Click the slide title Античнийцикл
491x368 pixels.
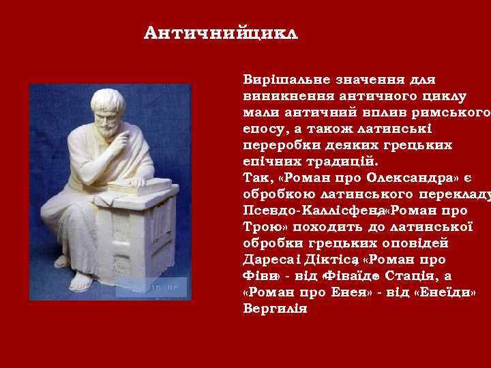(222, 33)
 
